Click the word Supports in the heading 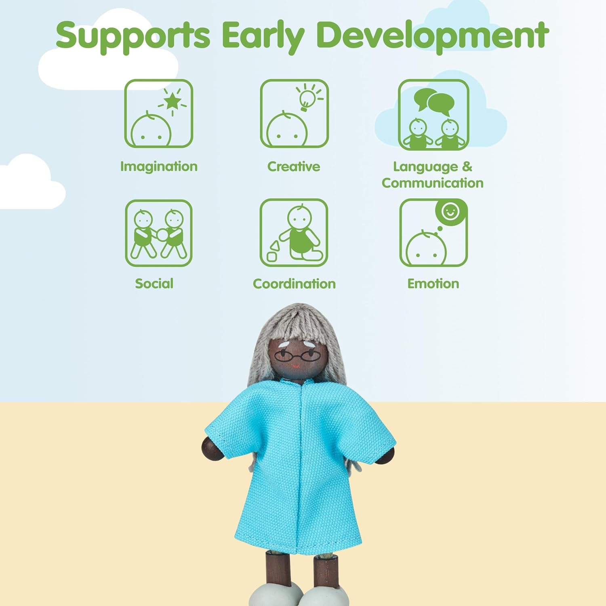click(133, 36)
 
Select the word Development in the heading click(433, 36)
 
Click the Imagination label click(159, 167)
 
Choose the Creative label click(294, 166)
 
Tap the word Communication click(433, 183)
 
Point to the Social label click(154, 284)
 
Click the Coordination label click(294, 284)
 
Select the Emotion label click(433, 284)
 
